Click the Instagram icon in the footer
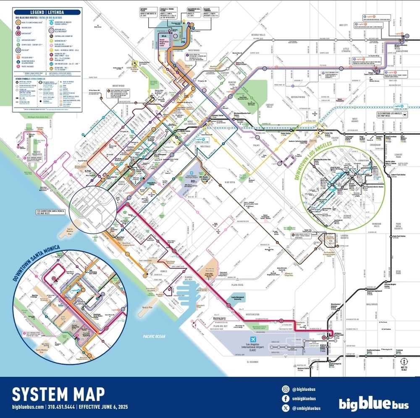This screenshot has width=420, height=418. click(x=285, y=389)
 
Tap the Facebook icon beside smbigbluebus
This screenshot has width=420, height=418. click(x=285, y=398)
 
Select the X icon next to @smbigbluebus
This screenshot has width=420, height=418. click(x=285, y=408)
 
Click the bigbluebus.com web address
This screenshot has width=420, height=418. click(x=28, y=407)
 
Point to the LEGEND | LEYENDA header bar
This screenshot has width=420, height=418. click(x=46, y=13)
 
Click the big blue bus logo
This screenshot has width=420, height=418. click(x=373, y=404)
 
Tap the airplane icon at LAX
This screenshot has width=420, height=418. click(x=254, y=340)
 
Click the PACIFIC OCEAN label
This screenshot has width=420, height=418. click(x=154, y=336)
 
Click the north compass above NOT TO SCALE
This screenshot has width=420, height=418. click(x=403, y=361)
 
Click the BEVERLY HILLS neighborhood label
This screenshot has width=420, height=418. click(x=260, y=34)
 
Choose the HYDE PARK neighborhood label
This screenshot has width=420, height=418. click(x=399, y=272)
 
